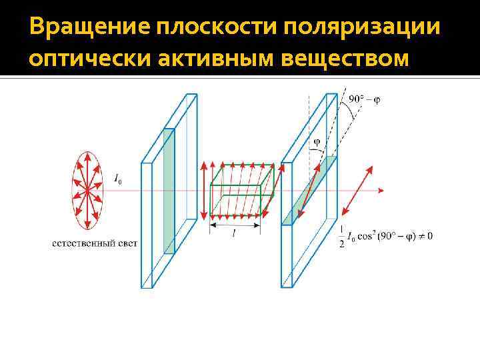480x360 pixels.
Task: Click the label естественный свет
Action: click(95, 243)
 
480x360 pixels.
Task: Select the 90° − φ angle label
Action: click(365, 100)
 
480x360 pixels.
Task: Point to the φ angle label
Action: click(316, 141)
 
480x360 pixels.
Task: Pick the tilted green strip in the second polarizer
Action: click(309, 190)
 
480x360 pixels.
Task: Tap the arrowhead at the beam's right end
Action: click(380, 191)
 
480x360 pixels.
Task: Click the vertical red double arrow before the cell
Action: click(203, 191)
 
